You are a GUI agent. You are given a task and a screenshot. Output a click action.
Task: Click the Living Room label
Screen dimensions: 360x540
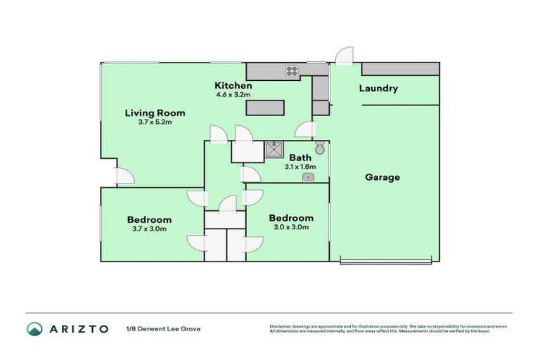(155, 112)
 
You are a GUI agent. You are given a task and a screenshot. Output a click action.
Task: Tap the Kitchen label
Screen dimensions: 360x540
(233, 85)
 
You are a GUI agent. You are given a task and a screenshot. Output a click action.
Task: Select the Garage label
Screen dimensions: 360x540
(382, 177)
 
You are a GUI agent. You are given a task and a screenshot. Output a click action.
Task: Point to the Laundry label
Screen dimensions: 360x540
(378, 89)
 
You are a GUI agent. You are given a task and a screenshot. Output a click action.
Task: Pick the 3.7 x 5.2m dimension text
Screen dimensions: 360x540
(155, 122)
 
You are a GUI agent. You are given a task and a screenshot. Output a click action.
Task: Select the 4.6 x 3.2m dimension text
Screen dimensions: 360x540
(233, 94)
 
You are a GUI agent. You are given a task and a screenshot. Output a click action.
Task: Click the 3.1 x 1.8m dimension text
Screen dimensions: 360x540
(300, 167)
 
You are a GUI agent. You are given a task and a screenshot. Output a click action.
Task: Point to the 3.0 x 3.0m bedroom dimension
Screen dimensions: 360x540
(291, 226)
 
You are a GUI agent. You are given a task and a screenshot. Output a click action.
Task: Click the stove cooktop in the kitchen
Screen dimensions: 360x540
(292, 70)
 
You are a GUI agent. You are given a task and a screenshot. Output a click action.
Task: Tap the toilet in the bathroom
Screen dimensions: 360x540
(320, 148)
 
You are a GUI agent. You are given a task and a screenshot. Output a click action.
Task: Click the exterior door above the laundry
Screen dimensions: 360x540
(343, 56)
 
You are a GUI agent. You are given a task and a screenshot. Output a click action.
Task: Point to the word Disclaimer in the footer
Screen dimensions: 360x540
(281, 326)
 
